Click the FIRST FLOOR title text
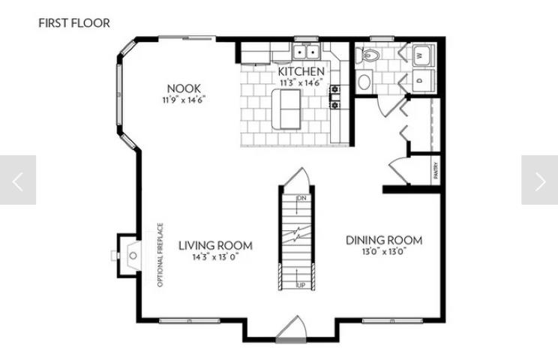click(x=74, y=23)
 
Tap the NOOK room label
click(x=184, y=88)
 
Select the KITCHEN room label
click(x=301, y=71)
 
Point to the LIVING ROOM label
click(x=215, y=245)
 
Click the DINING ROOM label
click(x=383, y=241)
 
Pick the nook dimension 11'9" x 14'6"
click(x=184, y=99)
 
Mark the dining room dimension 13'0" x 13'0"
click(x=383, y=252)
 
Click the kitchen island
click(x=286, y=109)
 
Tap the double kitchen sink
click(x=306, y=52)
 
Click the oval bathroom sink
click(x=366, y=81)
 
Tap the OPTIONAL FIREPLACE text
click(x=160, y=256)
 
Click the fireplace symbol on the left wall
click(x=127, y=256)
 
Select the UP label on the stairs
click(x=301, y=286)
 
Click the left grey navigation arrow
click(x=18, y=180)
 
